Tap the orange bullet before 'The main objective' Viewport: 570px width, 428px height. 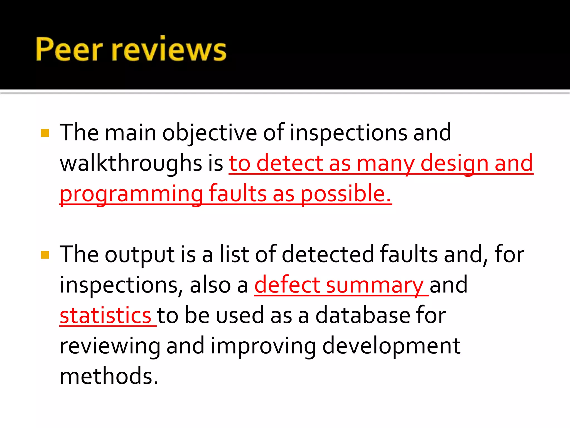pyautogui.click(x=45, y=133)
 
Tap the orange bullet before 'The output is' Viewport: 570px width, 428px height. pyautogui.click(x=45, y=255)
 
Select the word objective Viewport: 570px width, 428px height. pyautogui.click(x=210, y=133)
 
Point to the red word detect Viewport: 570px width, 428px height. pyautogui.click(x=289, y=163)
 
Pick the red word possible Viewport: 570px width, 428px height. pyautogui.click(x=346, y=194)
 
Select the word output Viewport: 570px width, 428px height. pyautogui.click(x=140, y=255)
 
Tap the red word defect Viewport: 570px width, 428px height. pyautogui.click(x=287, y=285)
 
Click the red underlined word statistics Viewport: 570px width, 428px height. pyautogui.click(x=105, y=315)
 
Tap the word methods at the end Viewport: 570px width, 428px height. pyautogui.click(x=109, y=376)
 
